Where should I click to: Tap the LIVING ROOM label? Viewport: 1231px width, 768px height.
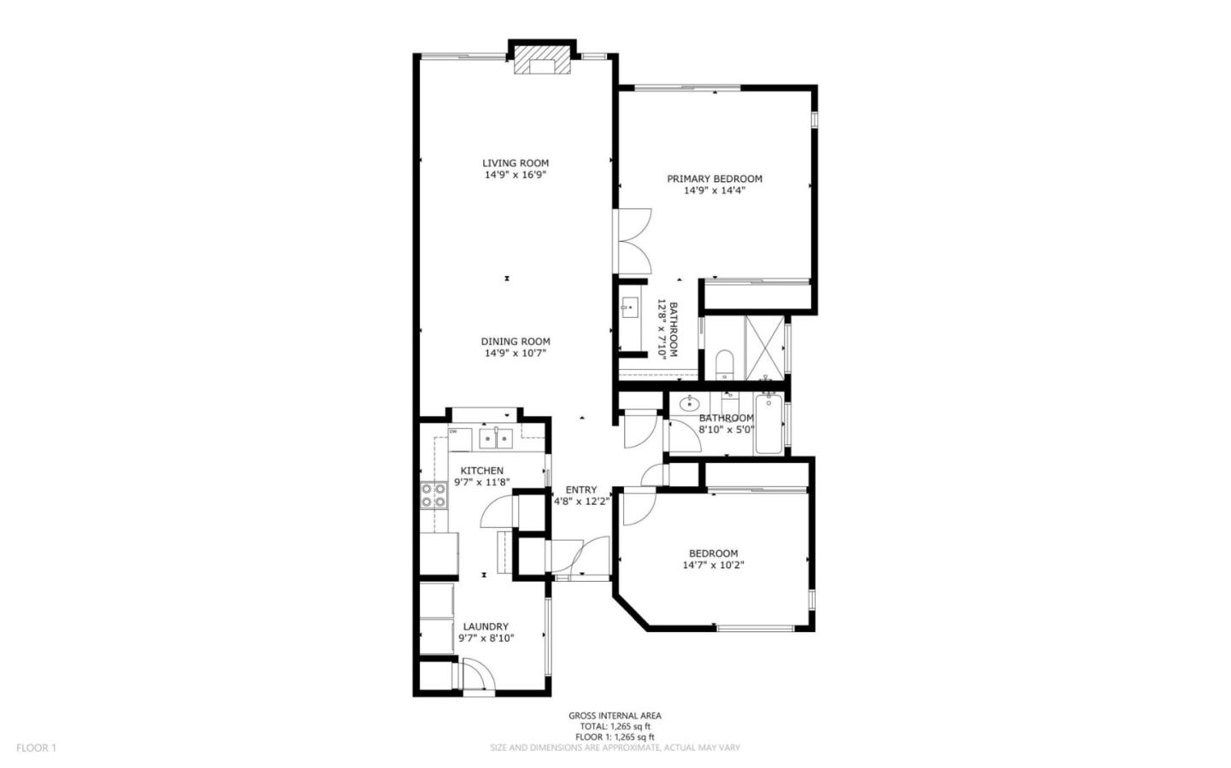point(515,163)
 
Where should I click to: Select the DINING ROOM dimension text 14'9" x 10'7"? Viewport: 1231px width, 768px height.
point(515,353)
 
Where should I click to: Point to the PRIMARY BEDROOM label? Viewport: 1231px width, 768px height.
point(715,179)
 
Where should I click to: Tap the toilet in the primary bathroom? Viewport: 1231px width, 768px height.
point(723,364)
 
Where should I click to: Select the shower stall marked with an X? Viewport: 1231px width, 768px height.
point(765,348)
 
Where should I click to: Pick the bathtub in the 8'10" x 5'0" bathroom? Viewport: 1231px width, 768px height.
point(768,425)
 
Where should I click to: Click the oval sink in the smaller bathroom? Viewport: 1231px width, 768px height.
point(686,403)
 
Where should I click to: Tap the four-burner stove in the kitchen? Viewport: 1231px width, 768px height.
point(433,495)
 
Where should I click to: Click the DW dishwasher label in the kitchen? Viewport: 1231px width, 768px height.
point(453,431)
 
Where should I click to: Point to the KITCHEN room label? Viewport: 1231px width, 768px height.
point(482,471)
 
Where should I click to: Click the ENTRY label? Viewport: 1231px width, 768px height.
point(581,490)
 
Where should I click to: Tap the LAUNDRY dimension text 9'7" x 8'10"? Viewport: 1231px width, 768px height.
point(486,637)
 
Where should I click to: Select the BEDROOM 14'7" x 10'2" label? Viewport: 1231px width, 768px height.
point(714,554)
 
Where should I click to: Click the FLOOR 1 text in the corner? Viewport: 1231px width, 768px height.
point(36,747)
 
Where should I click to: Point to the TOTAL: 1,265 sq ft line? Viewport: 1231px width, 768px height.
point(615,726)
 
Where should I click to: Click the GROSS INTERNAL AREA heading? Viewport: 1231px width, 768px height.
point(615,716)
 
